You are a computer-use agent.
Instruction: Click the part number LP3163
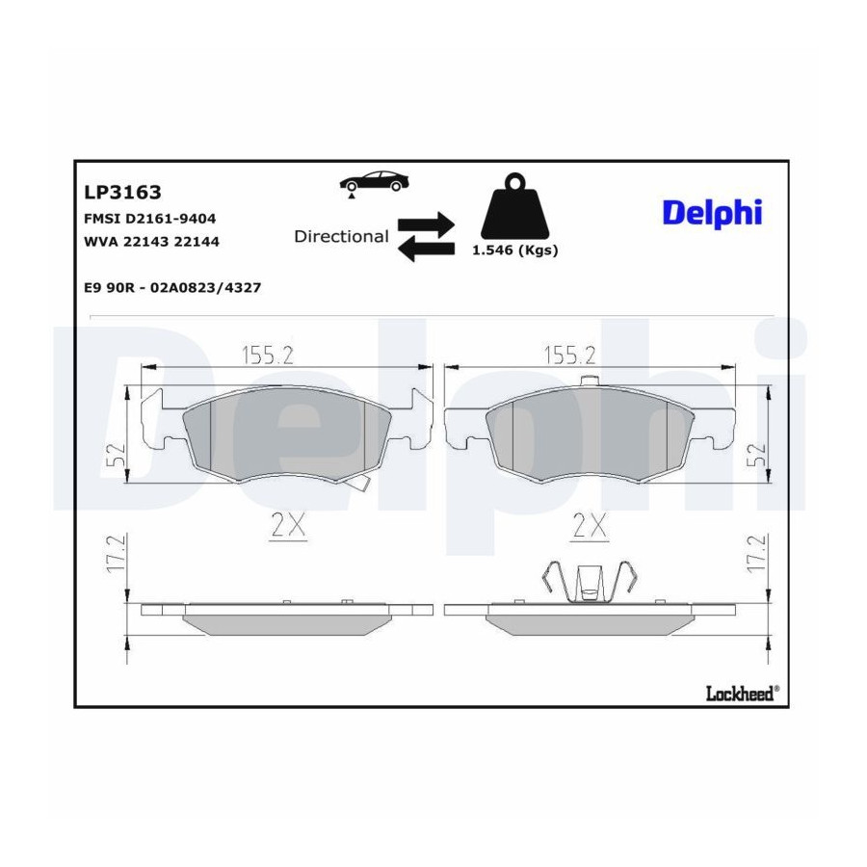click(x=122, y=192)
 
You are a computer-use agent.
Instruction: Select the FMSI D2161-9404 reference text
click(x=150, y=219)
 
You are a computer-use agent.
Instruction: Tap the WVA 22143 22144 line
click(x=151, y=242)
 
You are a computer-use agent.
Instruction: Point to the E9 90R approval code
click(x=172, y=287)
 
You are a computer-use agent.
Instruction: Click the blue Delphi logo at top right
click(x=712, y=214)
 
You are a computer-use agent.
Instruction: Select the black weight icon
click(x=514, y=206)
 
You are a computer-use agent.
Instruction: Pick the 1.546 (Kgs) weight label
click(x=514, y=250)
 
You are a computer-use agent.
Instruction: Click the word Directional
click(x=341, y=236)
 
